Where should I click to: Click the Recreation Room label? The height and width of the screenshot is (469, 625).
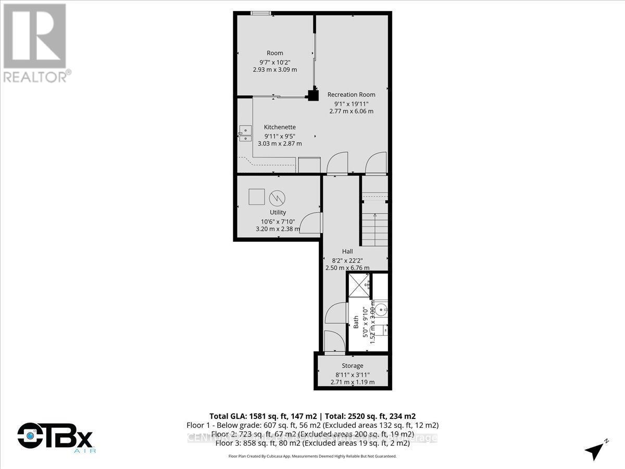click(351, 94)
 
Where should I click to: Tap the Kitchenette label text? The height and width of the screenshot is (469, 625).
click(280, 127)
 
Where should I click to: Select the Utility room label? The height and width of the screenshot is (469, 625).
click(278, 212)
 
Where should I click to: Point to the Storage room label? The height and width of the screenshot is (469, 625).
click(352, 366)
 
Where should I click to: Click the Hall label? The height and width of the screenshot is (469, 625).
click(347, 251)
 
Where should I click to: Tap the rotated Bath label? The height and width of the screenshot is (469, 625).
click(356, 323)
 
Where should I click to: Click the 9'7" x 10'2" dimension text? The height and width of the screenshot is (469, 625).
click(275, 61)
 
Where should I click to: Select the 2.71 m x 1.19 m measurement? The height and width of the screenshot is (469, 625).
click(352, 382)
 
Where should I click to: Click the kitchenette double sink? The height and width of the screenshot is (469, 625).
click(244, 133)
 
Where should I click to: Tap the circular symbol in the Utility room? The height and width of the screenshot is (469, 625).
click(277, 198)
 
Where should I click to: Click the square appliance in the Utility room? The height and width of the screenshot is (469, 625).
click(256, 196)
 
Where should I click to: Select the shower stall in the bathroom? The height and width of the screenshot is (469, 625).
click(359, 285)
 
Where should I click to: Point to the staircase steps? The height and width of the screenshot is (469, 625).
click(375, 229)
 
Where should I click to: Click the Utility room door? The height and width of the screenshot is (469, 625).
click(311, 223)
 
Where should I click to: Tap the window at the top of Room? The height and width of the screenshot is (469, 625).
click(259, 13)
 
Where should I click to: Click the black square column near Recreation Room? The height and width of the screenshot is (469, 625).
click(312, 95)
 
